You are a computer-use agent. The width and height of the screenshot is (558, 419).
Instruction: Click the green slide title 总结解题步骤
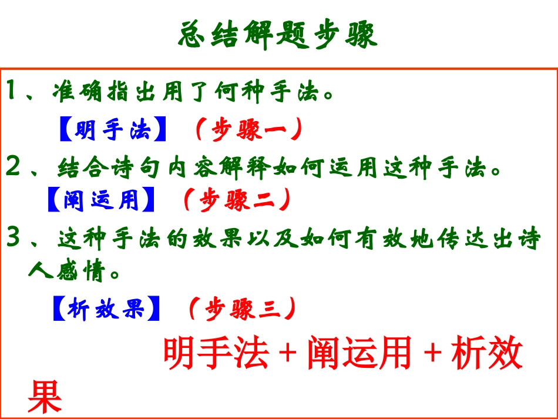tap(277, 36)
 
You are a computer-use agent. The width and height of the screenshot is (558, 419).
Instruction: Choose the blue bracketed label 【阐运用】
tap(100, 200)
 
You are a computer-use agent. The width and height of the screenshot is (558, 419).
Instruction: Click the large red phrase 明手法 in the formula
tap(216, 354)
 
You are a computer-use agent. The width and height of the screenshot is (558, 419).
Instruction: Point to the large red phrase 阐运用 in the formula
tap(359, 354)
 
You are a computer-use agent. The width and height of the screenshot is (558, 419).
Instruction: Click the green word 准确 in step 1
tap(76, 93)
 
